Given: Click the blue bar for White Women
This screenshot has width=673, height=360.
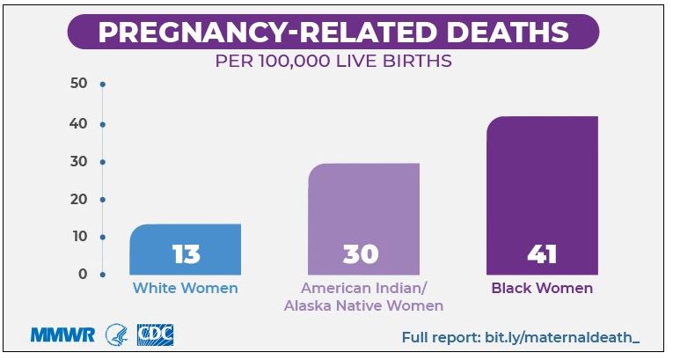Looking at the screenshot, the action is tap(185, 249).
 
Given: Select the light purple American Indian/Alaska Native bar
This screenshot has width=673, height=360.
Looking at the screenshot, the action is tap(363, 219).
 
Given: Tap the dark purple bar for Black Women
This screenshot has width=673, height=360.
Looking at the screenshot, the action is tap(542, 195).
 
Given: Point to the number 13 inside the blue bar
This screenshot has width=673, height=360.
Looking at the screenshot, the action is tap(187, 253).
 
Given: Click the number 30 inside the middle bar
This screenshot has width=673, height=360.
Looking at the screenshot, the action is tap(361, 253).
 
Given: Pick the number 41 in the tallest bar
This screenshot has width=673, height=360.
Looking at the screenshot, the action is tap(542, 253).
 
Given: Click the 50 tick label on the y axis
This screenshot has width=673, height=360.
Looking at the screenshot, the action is tap(78, 83).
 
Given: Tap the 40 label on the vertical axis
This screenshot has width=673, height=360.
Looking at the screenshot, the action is tap(78, 124).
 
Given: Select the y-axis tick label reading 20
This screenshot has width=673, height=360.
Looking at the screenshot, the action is tap(78, 199).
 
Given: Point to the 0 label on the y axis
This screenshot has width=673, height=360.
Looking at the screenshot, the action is tap(83, 274).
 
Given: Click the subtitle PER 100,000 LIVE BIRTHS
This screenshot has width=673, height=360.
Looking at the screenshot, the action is tap(333, 61).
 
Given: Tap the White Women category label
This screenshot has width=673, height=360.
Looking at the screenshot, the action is tap(186, 288).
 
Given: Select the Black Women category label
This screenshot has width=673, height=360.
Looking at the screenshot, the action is tap(542, 288).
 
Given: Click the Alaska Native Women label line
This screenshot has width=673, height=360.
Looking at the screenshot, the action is tap(363, 306).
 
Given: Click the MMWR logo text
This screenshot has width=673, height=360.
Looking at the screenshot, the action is tap(62, 335).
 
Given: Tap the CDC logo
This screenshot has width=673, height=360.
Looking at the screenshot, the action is tap(156, 335).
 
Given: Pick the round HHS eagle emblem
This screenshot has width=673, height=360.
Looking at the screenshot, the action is tap(117, 335).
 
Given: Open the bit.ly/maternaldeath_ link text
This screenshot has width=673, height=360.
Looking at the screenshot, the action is tap(562, 337).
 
